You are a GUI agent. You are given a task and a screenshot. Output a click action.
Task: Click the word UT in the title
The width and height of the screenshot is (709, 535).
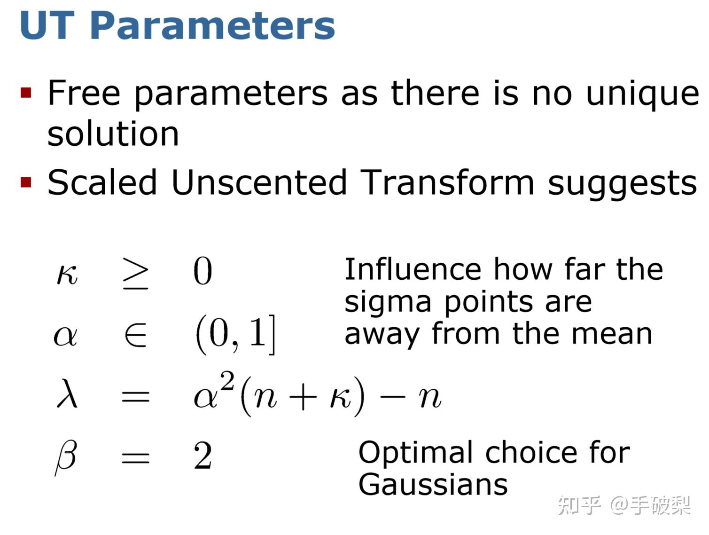[47, 25]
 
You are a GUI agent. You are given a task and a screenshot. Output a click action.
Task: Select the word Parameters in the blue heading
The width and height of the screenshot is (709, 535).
[212, 26]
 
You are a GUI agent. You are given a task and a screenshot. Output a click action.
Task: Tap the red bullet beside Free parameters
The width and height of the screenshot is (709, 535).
[25, 93]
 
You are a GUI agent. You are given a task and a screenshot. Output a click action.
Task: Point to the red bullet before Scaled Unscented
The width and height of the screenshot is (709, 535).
[25, 182]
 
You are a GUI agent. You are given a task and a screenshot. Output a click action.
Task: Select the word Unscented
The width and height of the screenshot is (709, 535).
[259, 182]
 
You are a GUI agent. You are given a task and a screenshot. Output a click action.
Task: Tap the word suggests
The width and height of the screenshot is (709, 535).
[623, 185]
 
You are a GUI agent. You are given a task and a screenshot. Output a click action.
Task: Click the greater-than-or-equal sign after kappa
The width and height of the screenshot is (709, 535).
[136, 273]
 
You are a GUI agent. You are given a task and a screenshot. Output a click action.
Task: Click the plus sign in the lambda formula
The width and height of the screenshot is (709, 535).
[303, 398]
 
